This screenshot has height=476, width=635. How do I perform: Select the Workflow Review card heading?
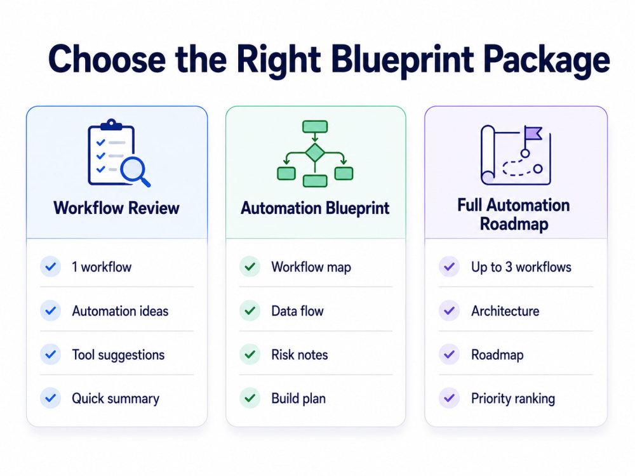pos(116,208)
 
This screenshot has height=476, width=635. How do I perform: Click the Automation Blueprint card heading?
pos(315,208)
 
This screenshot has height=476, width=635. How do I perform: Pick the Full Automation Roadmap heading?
pos(514,215)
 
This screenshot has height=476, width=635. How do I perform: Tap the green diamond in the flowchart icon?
pos(315,152)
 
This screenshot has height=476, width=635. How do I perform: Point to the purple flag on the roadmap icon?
pos(533,133)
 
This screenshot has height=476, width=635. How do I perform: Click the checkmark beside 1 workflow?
pos(51,267)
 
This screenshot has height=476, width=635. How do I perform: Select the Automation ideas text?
pos(120,311)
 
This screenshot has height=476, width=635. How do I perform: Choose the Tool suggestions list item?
pos(118,355)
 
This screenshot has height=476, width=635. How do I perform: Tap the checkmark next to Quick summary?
pos(51,398)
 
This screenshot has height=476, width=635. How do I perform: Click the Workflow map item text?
pos(311,267)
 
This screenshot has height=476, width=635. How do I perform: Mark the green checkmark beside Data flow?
pos(250,311)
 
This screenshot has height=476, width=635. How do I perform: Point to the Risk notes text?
pos(300,355)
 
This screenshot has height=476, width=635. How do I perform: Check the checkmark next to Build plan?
pos(250,398)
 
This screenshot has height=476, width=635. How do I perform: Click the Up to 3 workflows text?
pos(521,267)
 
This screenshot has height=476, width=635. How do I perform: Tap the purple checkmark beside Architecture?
pos(449,311)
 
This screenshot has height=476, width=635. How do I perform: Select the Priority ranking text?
pos(513,399)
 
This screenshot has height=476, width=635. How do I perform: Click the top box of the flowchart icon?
pos(315,126)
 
